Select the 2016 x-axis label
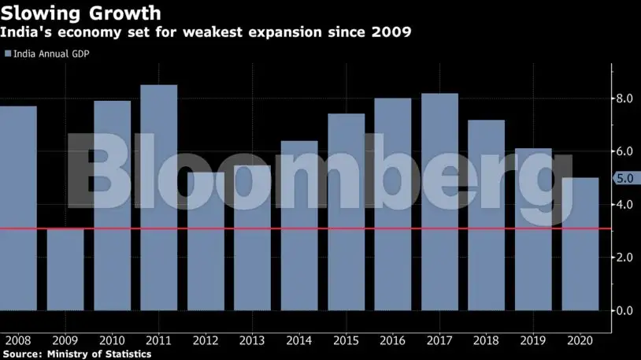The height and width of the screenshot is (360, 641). tap(392, 340)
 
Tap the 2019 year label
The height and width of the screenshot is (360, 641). tap(533, 340)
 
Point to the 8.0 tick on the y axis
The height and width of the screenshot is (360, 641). tap(625, 98)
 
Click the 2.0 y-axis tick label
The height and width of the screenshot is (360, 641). tap(625, 258)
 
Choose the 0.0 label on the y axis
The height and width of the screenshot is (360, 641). tap(625, 310)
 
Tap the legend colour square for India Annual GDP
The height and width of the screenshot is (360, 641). tap(8, 54)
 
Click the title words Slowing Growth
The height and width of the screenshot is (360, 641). tap(81, 13)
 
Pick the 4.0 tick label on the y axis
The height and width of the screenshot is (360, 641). tap(625, 205)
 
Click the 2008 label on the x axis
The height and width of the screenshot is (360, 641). tap(17, 340)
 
